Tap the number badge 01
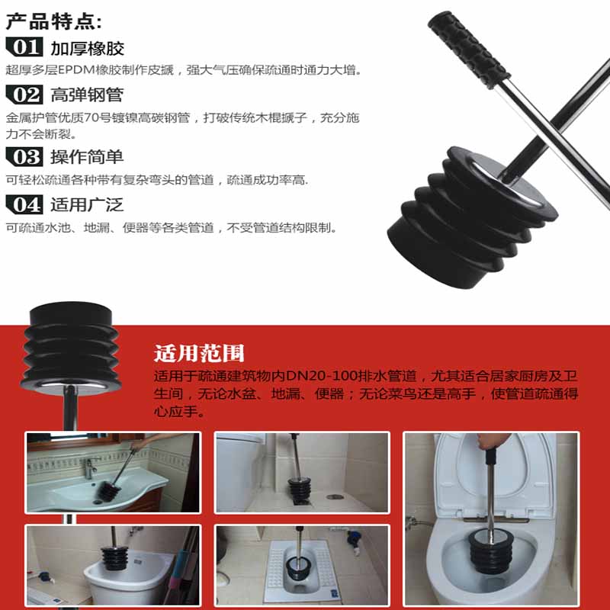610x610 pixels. click(25, 47)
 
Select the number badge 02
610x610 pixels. click(25, 95)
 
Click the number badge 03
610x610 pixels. click(25, 157)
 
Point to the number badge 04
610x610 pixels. click(25, 204)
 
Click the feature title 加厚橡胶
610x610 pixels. click(87, 48)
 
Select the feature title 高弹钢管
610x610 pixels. click(87, 95)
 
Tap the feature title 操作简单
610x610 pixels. click(87, 158)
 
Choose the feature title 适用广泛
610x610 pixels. click(87, 205)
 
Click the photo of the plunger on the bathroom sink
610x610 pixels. click(113, 472)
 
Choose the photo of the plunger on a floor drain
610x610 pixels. click(301, 472)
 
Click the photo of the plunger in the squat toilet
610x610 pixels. click(301, 563)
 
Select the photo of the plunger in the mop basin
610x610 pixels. click(113, 563)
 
